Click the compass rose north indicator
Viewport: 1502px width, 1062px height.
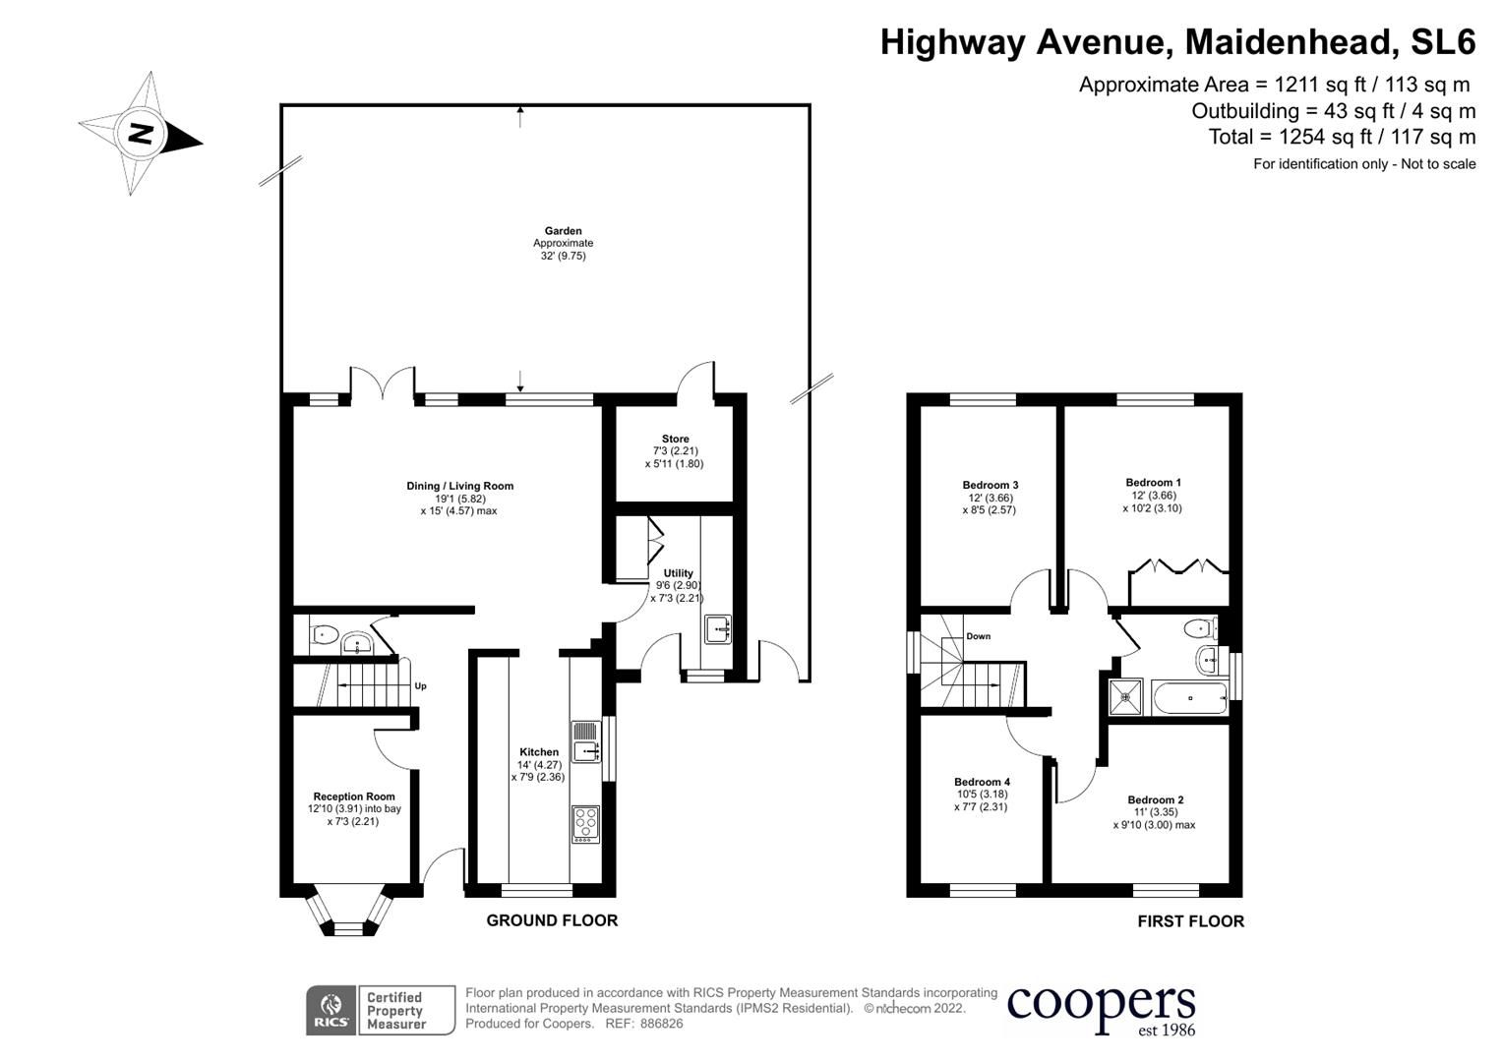[141, 133]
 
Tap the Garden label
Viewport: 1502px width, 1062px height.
[563, 231]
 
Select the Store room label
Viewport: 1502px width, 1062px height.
[675, 439]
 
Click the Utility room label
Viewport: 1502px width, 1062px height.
[678, 573]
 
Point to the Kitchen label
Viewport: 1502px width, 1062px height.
[538, 752]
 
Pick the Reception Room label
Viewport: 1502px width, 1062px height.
[354, 796]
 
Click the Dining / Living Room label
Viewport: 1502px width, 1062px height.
[459, 486]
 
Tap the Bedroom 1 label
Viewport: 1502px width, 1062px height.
[1153, 483]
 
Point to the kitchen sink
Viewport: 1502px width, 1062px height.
[585, 752]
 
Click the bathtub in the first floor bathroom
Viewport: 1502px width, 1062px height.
[1189, 698]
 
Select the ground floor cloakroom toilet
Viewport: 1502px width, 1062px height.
[323, 635]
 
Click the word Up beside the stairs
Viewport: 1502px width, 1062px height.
[420, 686]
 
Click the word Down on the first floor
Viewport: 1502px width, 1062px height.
[978, 636]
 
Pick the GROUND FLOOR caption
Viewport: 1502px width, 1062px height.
[552, 920]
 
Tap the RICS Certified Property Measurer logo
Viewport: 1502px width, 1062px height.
[381, 1010]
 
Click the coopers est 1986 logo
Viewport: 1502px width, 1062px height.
[1101, 1009]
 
